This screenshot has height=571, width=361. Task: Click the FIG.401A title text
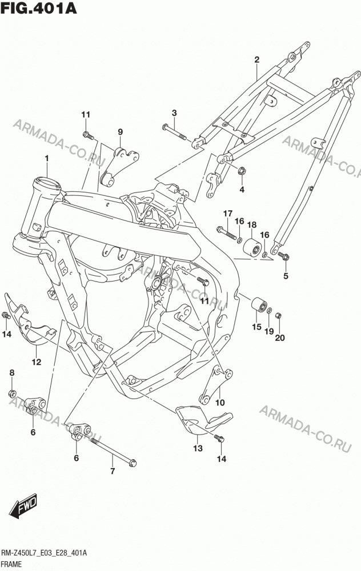[39, 7]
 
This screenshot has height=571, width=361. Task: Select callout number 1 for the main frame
[47, 158]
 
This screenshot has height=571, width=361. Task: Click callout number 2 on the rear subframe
[257, 60]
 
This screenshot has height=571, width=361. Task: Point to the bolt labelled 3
[174, 132]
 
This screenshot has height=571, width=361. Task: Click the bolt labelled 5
[283, 256]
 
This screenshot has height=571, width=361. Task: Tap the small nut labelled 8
[11, 393]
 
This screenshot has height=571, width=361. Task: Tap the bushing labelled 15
[259, 305]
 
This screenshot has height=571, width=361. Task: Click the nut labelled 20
[278, 315]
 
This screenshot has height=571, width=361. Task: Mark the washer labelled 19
[270, 310]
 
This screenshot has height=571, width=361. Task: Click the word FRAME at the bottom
[11, 565]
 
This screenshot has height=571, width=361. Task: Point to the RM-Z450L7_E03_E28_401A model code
[44, 553]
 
